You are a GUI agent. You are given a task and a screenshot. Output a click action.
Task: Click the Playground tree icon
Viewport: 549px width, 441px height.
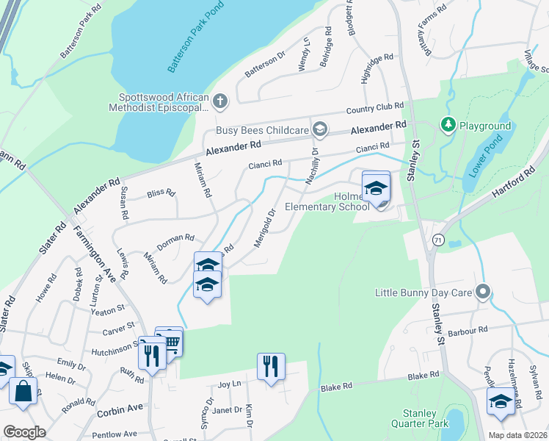coord(448,126)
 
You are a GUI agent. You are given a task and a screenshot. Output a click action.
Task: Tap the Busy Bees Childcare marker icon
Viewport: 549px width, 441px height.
coord(319,130)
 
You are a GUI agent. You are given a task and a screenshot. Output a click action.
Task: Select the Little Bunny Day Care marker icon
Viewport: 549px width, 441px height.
coord(482,292)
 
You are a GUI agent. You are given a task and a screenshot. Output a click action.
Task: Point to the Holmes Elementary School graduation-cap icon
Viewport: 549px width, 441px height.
coord(376,190)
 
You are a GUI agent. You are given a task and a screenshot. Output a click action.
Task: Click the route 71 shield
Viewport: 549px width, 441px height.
coord(438,240)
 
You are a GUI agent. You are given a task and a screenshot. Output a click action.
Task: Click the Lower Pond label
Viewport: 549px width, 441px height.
coord(484,162)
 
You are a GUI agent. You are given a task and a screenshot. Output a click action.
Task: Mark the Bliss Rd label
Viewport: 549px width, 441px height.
coord(161,194)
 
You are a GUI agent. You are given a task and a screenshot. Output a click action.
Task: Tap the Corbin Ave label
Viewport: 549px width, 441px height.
coord(120,408)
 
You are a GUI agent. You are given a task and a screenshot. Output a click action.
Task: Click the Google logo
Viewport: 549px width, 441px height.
coord(25,432)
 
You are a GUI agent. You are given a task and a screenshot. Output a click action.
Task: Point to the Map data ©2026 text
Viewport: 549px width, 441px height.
coord(516,434)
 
